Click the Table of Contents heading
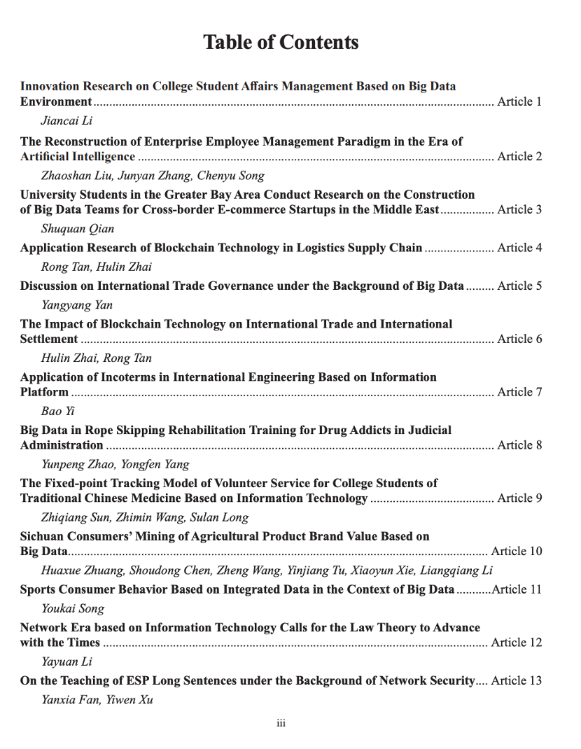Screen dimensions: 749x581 coord(281,42)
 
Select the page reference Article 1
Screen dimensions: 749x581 coord(519,102)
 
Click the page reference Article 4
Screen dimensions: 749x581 coord(519,248)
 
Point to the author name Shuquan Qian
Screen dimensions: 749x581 coord(77,229)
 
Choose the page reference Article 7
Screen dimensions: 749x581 coord(519,392)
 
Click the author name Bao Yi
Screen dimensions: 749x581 coord(57,412)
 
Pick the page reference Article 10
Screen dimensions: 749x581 coord(517,552)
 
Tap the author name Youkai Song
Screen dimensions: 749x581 coord(73,609)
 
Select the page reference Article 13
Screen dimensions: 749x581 coord(517,681)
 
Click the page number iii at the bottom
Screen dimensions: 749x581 coord(281,723)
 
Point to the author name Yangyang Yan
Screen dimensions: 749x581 coord(77,305)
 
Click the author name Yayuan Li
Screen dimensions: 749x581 coord(66,661)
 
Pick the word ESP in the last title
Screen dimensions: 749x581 coord(125,681)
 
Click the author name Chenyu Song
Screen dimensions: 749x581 coord(230,176)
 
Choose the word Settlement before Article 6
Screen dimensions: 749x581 coord(49,339)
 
